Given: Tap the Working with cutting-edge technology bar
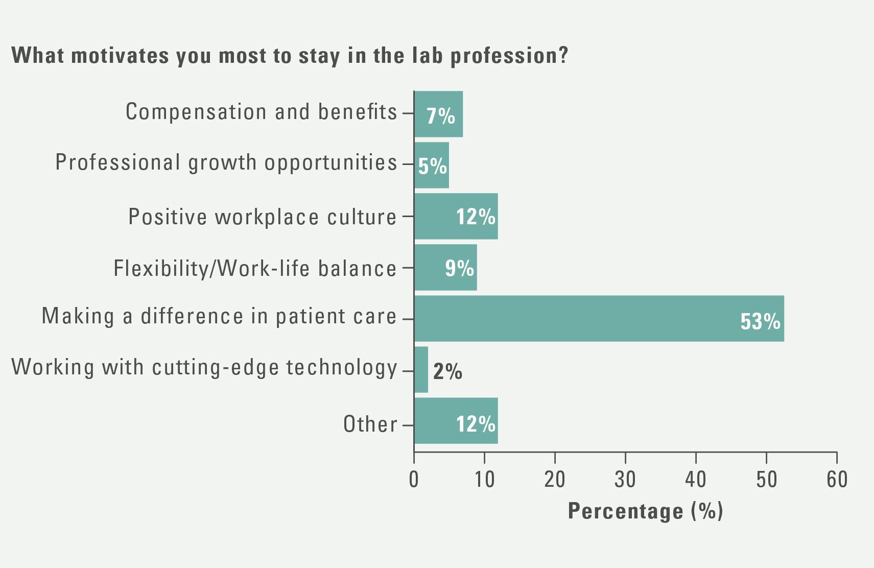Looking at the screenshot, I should pos(421,369).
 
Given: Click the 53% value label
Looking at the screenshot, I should pos(760,321).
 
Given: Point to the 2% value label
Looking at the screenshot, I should pos(447,371).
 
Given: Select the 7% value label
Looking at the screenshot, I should pos(440,116).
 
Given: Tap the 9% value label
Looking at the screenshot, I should pos(459,268).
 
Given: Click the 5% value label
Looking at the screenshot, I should pos(432,166).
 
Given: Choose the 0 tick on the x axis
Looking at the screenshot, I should pos(414,480).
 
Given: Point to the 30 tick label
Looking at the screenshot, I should pos(625,480).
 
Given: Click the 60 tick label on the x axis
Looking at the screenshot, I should pos(837,480).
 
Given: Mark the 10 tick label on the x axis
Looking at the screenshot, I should pos(484,480).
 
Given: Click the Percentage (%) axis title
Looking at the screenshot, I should pos(645,511).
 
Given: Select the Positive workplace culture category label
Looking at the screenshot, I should pos(262,217).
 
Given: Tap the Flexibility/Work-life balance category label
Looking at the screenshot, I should pos(255,268).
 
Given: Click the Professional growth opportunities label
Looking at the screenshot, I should pos(226,162).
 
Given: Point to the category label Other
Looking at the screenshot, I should pos(370,424).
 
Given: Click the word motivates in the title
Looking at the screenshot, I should pos(120,55).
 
